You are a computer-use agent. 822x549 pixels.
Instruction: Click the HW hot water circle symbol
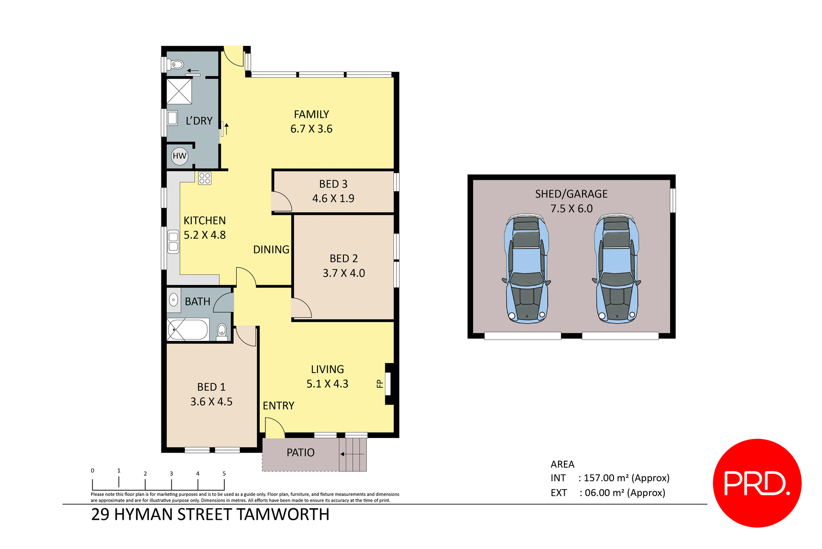click(179, 156)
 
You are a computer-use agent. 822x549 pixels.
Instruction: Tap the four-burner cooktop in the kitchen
click(205, 178)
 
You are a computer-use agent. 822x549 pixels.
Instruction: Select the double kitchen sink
click(173, 242)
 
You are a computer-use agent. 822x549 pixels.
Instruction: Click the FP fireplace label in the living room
click(379, 384)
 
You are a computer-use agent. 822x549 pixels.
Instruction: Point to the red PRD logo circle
click(757, 483)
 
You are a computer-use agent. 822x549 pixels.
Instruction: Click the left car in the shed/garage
click(527, 269)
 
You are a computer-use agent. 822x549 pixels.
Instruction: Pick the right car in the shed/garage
click(616, 269)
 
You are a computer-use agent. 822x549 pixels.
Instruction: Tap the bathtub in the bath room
click(188, 330)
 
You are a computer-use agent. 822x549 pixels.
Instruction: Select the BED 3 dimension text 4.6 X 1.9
click(333, 199)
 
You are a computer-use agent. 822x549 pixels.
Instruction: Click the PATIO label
click(301, 453)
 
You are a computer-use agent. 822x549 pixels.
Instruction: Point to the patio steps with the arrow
click(353, 454)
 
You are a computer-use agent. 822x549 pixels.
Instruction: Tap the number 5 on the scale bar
click(224, 474)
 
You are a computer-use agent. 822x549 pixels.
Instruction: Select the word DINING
click(271, 250)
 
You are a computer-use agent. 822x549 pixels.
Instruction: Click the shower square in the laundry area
click(179, 91)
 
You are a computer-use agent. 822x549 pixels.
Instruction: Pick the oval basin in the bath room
click(173, 300)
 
